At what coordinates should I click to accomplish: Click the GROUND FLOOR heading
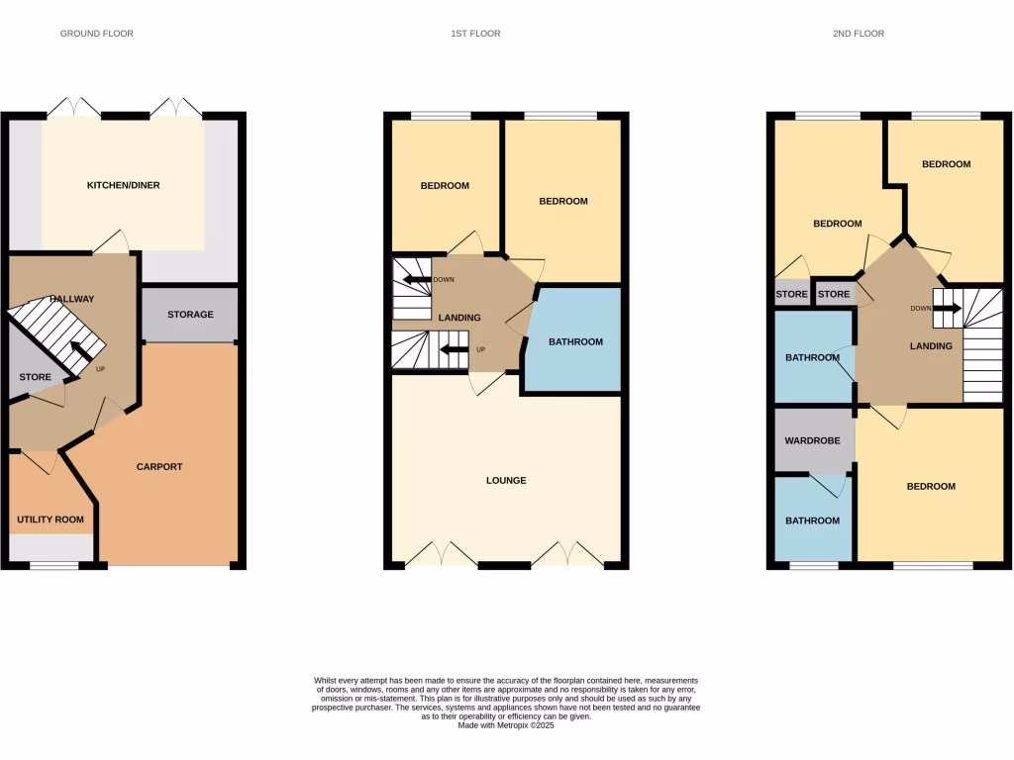[96, 34]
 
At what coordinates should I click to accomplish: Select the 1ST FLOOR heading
[475, 34]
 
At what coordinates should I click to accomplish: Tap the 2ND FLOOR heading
[858, 34]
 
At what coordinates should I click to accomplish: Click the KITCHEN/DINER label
[123, 185]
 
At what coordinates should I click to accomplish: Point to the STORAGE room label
[190, 315]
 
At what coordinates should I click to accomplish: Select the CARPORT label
[159, 467]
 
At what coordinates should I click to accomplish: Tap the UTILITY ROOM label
[50, 520]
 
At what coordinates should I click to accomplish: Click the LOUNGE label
[506, 481]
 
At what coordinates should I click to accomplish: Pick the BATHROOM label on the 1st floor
[575, 342]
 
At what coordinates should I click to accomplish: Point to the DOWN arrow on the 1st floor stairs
[417, 280]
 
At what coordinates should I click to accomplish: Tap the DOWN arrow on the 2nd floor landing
[947, 308]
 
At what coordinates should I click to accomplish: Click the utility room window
[53, 566]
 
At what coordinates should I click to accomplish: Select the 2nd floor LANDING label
[931, 346]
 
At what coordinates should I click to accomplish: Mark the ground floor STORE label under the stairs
[35, 377]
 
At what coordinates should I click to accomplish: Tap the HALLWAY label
[71, 299]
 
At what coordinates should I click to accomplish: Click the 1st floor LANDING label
[458, 318]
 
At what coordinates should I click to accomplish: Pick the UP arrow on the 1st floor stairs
[454, 348]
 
